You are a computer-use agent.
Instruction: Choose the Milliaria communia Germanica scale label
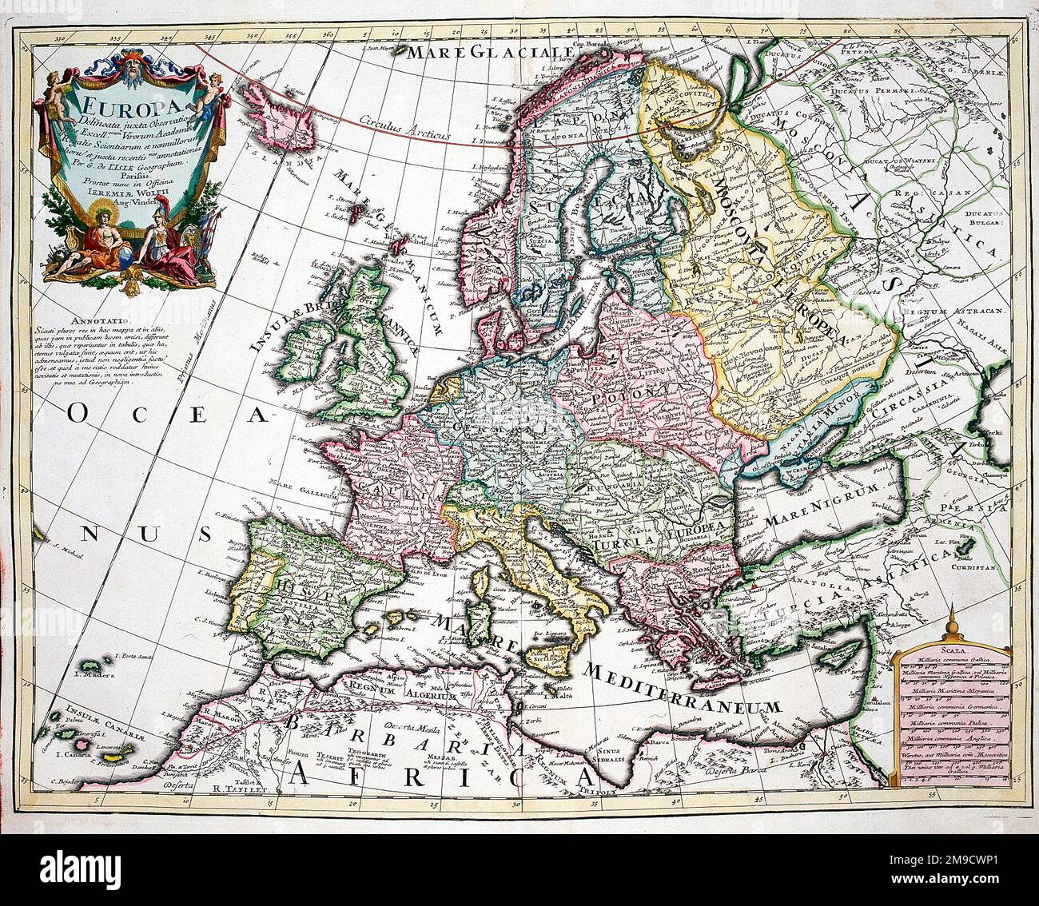coord(953,706)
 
